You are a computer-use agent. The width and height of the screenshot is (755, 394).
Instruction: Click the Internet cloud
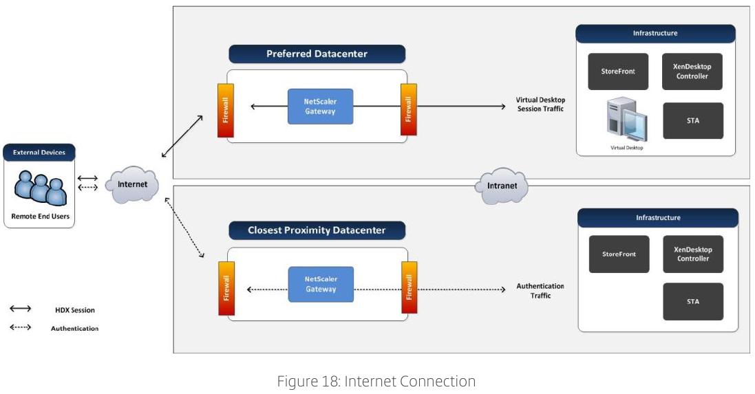pos(132,184)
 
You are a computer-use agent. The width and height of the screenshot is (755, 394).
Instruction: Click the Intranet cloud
pos(501,186)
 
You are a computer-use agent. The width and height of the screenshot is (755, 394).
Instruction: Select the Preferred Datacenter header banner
pos(317,54)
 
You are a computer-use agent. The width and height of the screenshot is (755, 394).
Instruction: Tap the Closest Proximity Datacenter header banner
pos(317,230)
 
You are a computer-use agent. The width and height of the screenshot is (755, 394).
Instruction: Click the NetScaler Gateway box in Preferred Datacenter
pos(320,107)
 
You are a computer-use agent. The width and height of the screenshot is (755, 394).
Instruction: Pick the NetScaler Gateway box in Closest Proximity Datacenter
pos(321,284)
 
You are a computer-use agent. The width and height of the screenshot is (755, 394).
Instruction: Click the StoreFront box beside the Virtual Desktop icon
pos(618,72)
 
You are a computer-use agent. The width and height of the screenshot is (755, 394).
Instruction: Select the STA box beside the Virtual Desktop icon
pos(693,121)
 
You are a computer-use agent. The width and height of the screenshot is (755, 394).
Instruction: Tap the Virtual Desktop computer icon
pos(626,120)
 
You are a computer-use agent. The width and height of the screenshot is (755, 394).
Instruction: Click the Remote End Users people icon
pos(40,188)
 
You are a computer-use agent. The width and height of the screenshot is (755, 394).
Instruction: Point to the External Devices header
pos(39,153)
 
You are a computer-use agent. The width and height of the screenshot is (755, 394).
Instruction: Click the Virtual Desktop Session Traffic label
pos(540,105)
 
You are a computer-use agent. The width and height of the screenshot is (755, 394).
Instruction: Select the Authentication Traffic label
pos(540,291)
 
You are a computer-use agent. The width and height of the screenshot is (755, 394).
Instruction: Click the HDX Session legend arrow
pos(20,308)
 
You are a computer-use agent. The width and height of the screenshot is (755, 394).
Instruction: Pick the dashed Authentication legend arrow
pos(20,327)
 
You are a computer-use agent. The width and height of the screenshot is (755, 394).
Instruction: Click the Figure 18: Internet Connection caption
pos(376,381)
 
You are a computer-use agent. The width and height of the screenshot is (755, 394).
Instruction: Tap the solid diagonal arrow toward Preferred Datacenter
pos(182,136)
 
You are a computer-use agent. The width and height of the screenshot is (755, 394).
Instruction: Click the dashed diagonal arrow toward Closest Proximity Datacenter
pos(184,227)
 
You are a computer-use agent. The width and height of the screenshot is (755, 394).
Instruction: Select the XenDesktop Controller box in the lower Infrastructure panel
pos(693,254)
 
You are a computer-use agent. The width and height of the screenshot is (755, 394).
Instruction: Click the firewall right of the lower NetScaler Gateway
pos(409,287)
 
